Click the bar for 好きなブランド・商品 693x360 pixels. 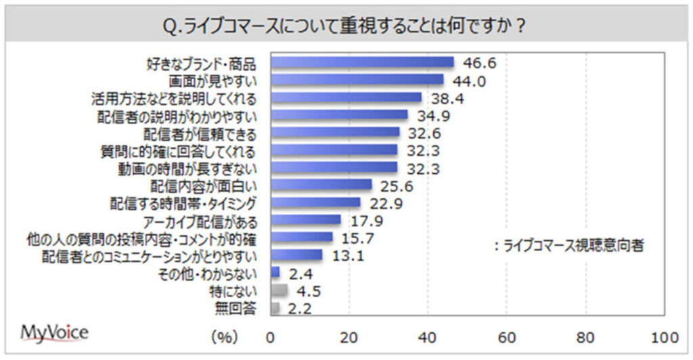(362, 63)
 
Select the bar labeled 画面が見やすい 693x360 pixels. (357, 80)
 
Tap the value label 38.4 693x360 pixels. (445, 98)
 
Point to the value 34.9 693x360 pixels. (432, 115)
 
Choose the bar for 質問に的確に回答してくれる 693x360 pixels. (334, 150)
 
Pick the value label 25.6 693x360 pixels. (396, 185)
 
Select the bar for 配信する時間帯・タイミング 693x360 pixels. (315, 202)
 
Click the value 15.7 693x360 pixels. (357, 238)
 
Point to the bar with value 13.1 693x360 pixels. (296, 255)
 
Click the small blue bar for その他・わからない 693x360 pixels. (275, 273)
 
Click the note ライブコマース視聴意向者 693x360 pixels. (568, 246)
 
